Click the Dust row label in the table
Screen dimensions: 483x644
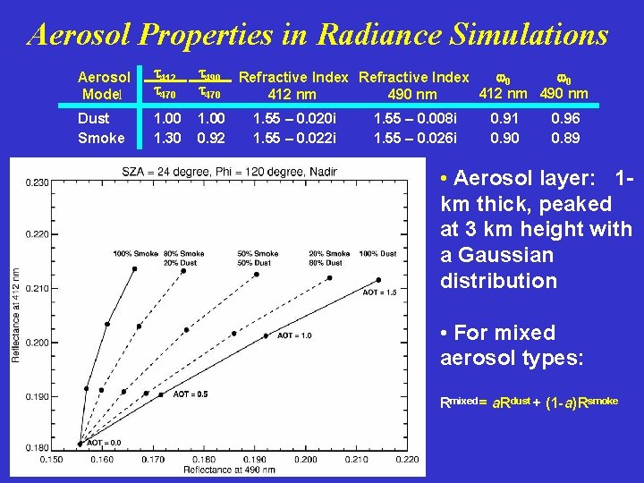(94, 118)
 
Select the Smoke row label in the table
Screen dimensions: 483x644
(101, 138)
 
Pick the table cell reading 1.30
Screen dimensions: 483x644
(168, 138)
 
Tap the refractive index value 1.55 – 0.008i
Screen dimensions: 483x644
(414, 118)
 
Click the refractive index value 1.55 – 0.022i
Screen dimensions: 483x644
(294, 138)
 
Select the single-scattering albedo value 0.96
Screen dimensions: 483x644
(565, 118)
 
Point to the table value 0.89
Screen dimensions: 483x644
(565, 138)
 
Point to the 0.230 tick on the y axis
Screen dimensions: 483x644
(37, 182)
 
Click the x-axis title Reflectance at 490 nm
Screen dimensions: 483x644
(228, 470)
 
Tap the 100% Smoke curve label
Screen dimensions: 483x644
(135, 253)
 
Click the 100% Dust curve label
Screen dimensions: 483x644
(377, 253)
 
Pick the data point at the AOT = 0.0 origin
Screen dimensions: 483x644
(80, 443)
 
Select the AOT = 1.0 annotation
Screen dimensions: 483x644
(294, 335)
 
